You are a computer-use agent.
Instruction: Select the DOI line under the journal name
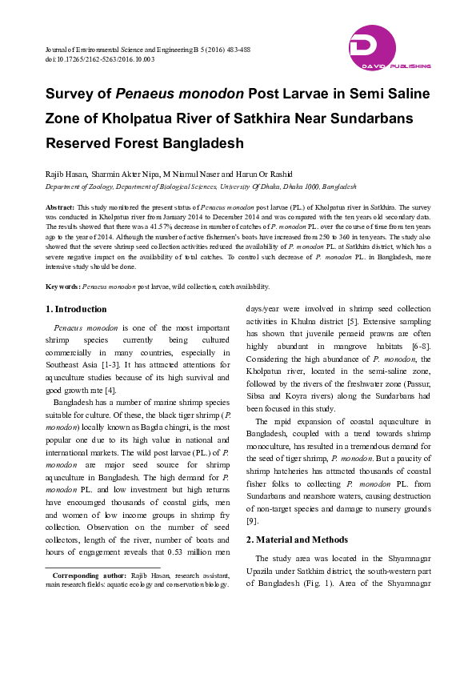(100, 59)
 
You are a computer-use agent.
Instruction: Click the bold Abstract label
(60, 207)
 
